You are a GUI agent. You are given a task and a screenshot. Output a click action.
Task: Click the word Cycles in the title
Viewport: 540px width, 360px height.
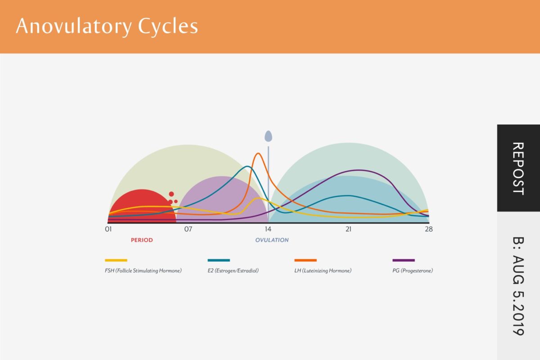tap(168, 27)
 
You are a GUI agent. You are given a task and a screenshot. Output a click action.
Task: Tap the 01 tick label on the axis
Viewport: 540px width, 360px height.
tap(108, 229)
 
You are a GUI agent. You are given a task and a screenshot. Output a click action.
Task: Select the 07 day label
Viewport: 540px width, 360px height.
tap(188, 229)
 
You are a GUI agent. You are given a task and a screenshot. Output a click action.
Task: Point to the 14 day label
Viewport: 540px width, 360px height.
tap(268, 229)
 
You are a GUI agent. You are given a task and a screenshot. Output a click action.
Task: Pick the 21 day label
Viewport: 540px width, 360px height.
tap(348, 229)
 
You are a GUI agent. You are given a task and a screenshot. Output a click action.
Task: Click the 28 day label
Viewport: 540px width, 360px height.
tap(428, 229)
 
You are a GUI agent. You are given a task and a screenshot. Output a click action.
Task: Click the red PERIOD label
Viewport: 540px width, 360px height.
tap(142, 240)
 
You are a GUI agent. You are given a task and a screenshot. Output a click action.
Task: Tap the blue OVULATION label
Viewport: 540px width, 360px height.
tap(272, 240)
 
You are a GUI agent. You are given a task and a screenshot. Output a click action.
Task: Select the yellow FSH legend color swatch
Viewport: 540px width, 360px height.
tap(116, 260)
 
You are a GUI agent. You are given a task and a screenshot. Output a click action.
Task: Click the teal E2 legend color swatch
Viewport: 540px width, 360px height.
tap(219, 260)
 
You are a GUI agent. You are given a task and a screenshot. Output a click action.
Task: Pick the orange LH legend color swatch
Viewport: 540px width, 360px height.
tap(306, 260)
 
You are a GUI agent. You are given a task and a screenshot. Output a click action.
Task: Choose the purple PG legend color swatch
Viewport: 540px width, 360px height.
tap(404, 260)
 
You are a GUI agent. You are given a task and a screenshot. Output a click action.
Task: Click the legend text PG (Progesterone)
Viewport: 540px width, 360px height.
tap(413, 271)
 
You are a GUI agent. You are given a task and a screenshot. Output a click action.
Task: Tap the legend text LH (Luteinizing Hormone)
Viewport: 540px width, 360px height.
tap(323, 271)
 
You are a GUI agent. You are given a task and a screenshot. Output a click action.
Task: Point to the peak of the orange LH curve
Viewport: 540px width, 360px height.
tap(258, 153)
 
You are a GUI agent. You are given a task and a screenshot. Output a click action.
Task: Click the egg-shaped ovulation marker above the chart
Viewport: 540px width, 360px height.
tap(268, 135)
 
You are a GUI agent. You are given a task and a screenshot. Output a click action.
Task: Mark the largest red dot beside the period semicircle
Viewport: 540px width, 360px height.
tap(171, 194)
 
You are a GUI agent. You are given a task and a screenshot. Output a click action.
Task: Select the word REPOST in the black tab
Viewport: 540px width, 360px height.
tap(518, 168)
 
